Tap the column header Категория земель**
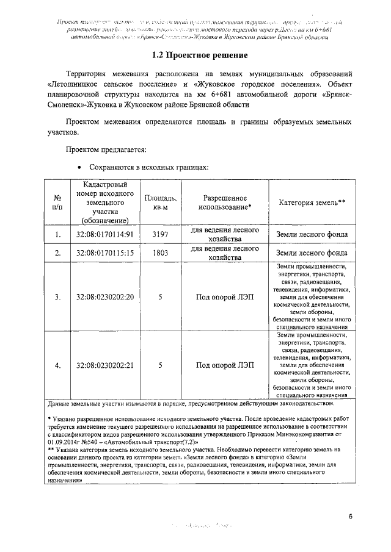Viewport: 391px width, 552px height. [x=312, y=203]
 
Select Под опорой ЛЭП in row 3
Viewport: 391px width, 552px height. [x=224, y=297]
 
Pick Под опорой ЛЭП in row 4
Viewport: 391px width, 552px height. [x=224, y=366]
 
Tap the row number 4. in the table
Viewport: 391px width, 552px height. [x=57, y=366]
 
